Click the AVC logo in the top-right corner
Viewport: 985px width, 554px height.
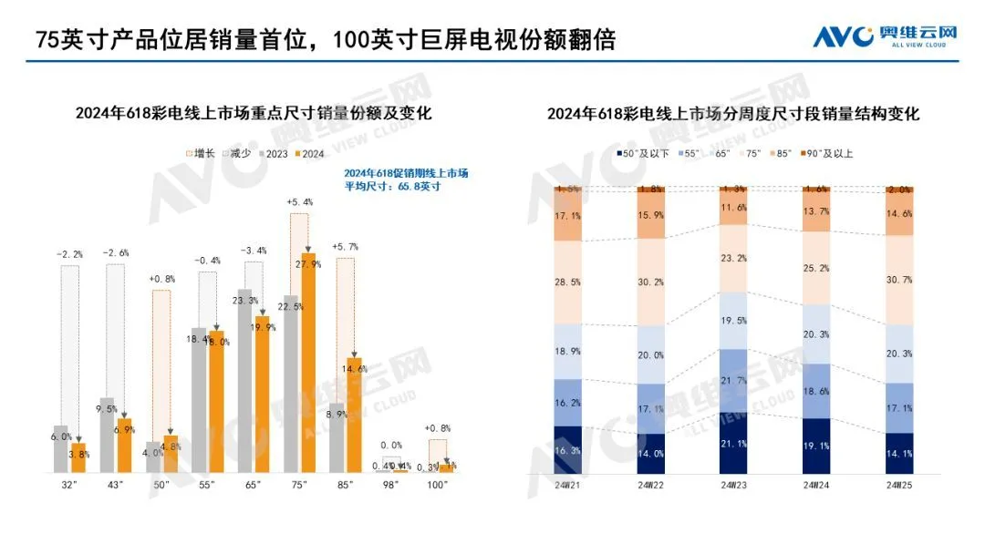tap(885, 36)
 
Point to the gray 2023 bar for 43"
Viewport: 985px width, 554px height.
tap(107, 436)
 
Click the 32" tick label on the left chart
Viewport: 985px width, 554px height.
tap(68, 486)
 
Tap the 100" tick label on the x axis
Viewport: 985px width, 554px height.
tap(438, 486)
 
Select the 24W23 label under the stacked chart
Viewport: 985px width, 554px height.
tap(733, 486)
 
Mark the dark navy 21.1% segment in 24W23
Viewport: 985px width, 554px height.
tap(733, 444)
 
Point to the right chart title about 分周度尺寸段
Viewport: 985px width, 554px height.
tap(733, 114)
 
